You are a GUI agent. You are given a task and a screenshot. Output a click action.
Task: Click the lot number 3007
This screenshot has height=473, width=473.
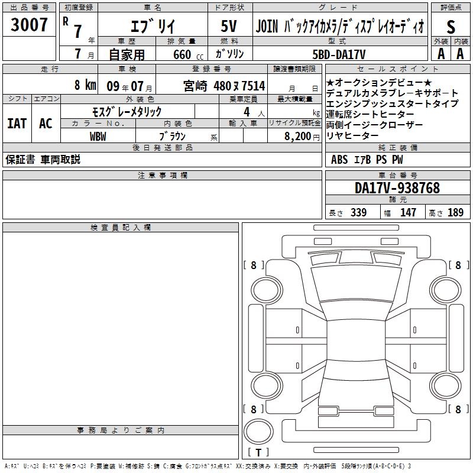tap(29, 25)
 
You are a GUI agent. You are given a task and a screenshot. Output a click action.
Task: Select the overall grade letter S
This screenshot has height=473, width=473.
tap(451, 27)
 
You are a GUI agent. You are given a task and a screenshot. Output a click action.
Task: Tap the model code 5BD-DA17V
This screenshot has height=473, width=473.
tap(339, 54)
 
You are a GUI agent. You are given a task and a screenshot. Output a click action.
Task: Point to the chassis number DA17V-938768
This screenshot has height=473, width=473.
tap(397, 188)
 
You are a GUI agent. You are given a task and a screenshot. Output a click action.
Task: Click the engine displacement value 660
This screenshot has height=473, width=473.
tap(182, 54)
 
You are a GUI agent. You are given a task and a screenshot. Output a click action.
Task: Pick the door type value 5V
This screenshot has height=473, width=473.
tap(229, 26)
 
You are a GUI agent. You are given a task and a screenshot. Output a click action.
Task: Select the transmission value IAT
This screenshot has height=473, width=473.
tap(17, 124)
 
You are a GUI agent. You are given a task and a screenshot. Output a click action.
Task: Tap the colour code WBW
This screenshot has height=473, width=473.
tap(98, 137)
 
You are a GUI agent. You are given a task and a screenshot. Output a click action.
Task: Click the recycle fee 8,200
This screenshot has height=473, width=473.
tap(298, 137)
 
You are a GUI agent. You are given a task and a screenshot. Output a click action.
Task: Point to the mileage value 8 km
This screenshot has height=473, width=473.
tap(85, 85)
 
